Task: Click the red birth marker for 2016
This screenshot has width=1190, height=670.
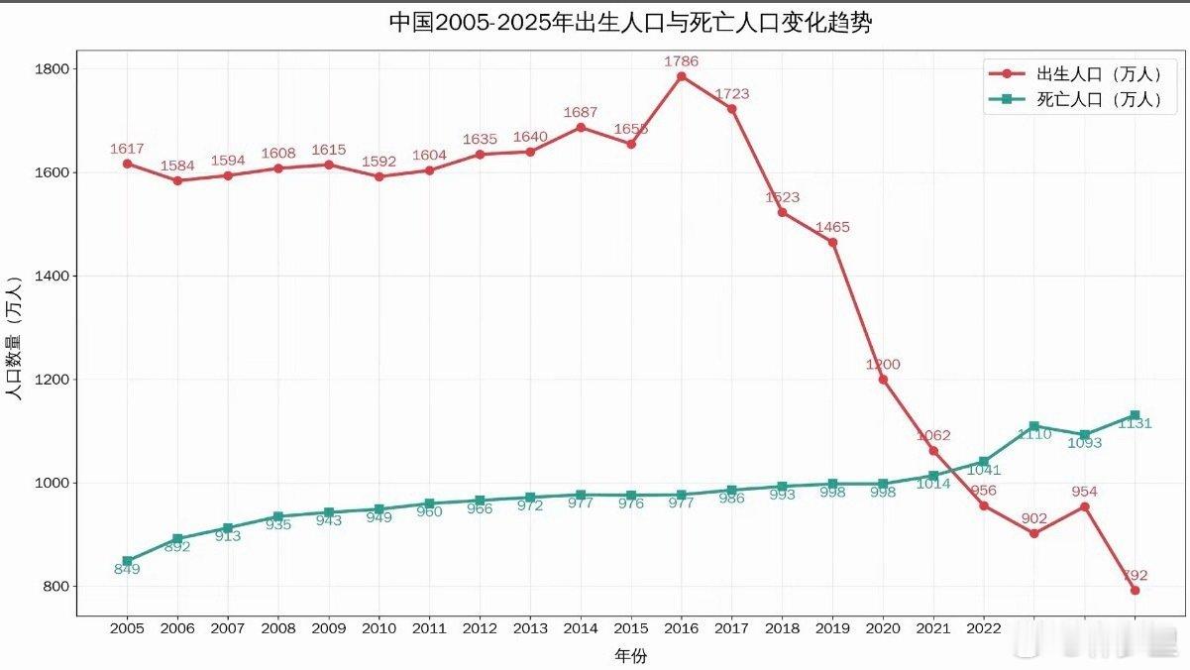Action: coord(681,76)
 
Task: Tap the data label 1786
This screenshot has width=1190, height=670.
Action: coord(681,61)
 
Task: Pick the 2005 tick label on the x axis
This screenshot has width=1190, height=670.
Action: coord(127,628)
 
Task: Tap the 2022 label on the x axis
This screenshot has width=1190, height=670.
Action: coord(983,628)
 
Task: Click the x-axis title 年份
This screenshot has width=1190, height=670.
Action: coord(630,655)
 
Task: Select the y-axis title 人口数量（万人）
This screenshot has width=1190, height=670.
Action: coord(14,337)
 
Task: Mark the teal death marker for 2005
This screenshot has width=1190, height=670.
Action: coord(127,561)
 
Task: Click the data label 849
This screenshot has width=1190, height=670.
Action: coord(127,570)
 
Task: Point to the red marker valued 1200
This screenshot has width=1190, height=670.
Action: coord(883,380)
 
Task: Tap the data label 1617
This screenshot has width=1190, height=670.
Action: coord(127,149)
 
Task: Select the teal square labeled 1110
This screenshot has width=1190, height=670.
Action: coord(1033,426)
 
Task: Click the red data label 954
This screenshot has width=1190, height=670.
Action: coord(1084,492)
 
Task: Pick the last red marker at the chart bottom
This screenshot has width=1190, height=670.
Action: coord(1135,590)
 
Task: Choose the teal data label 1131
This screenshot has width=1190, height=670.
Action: coord(1135,423)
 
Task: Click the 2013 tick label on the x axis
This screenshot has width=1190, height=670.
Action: coord(530,628)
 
